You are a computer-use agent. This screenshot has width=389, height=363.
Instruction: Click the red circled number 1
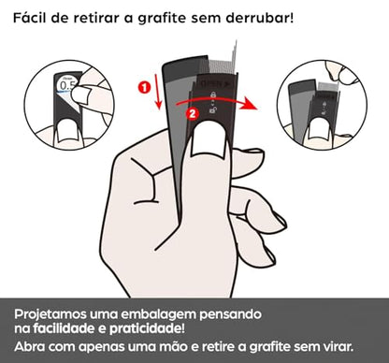144,87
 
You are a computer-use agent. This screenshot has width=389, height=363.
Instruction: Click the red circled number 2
193,113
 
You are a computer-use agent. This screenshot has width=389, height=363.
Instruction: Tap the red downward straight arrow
158,94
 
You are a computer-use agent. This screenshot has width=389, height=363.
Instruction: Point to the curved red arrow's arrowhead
251,104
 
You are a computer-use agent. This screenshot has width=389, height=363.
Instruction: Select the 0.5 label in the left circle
65,86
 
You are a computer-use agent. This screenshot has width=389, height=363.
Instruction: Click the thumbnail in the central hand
209,139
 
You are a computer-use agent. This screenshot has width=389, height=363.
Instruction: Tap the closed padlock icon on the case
213,94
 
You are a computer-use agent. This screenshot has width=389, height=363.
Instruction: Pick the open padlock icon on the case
213,109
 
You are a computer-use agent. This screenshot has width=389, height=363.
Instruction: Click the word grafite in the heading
162,19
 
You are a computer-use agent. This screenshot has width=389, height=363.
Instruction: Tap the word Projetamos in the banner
50,314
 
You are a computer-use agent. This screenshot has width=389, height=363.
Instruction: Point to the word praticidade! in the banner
147,329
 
